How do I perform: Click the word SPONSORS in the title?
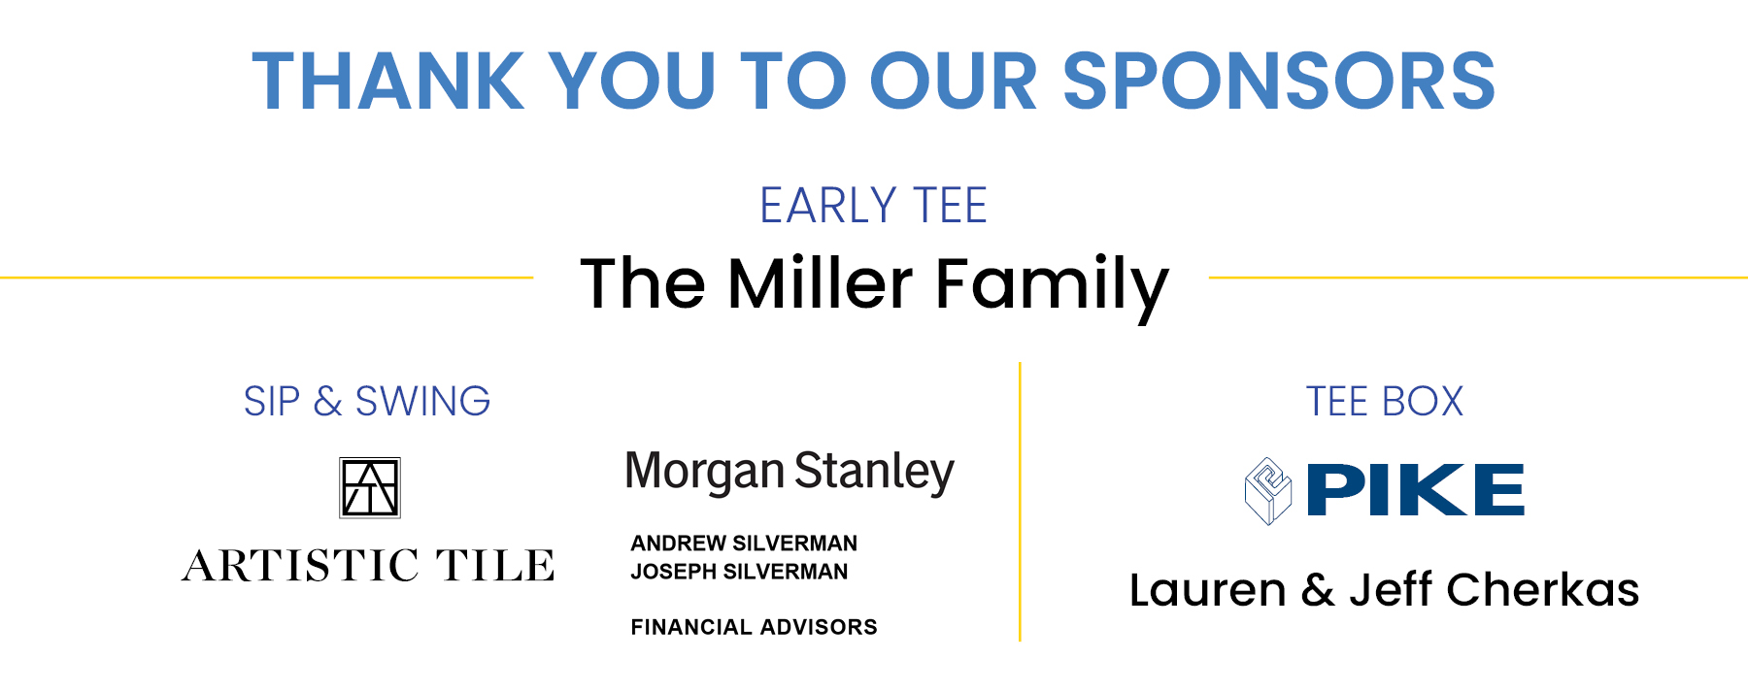[1279, 81]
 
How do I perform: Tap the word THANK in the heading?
[388, 81]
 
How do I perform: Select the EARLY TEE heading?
[874, 206]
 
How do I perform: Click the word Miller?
[821, 283]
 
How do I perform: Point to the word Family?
[1052, 287]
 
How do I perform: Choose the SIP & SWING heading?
[367, 401]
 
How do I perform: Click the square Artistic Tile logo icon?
[370, 487]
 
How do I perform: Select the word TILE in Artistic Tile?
[494, 565]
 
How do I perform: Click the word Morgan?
[704, 474]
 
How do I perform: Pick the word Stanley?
[875, 474]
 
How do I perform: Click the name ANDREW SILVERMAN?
[744, 544]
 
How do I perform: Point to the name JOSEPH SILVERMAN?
[739, 572]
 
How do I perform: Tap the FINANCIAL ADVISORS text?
[754, 627]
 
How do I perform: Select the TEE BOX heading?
[1384, 401]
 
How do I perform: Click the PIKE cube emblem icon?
[1268, 491]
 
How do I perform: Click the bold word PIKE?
[1416, 490]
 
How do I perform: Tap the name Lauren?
[1207, 590]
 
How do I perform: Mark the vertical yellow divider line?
[1020, 502]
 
